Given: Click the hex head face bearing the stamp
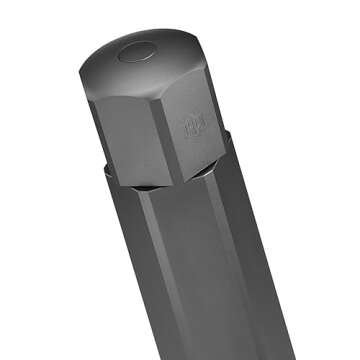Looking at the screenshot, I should click(196, 130).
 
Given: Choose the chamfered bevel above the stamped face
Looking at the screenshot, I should click(196, 80).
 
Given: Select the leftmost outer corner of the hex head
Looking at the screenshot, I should click(80, 71).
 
